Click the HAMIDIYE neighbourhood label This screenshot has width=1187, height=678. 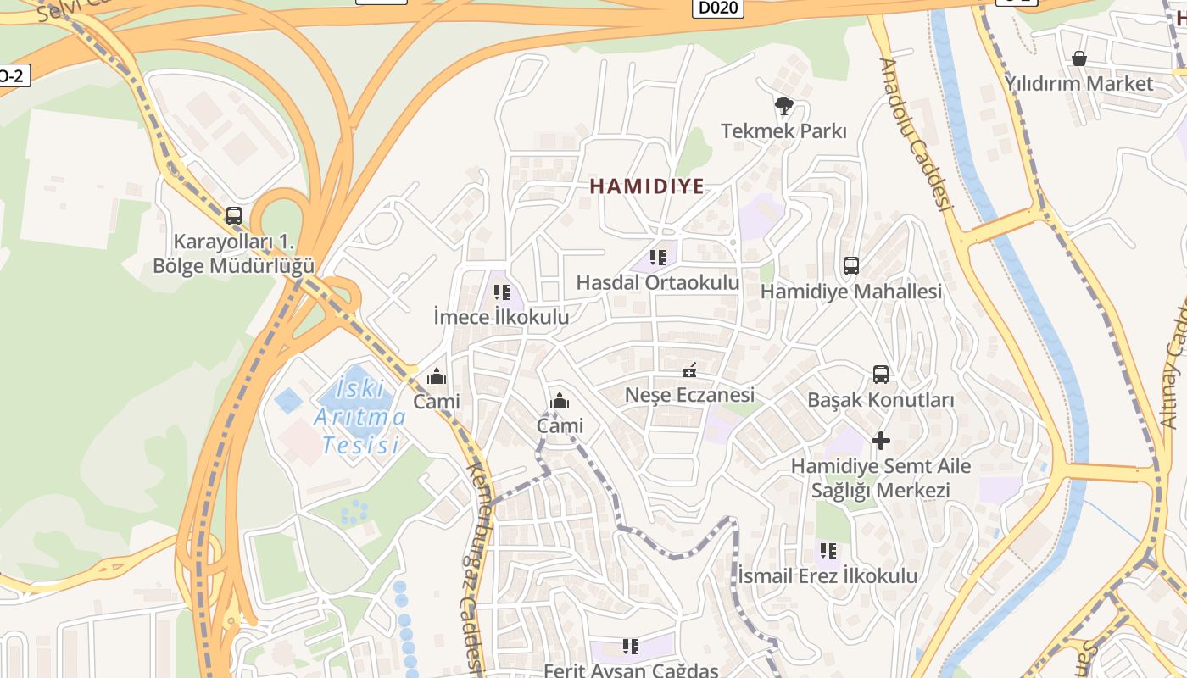647,186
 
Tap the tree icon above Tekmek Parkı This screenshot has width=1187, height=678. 784,106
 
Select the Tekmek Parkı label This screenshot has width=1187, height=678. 783,131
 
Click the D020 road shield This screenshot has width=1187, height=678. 718,8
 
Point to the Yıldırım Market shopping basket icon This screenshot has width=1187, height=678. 1079,58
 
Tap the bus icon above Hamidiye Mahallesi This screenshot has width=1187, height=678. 851,266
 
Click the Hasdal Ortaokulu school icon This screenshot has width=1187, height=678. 658,257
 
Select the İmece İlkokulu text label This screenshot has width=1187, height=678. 501,317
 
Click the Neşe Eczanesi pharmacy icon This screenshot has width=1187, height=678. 689,370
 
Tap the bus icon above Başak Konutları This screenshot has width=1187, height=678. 881,374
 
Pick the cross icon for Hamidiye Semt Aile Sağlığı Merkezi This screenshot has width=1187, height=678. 881,441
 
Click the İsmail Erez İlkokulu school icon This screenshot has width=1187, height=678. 828,551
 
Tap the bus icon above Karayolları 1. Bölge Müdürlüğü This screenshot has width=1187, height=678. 234,216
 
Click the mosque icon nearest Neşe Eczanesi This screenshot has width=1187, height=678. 560,401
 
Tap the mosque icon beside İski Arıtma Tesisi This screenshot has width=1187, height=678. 437,376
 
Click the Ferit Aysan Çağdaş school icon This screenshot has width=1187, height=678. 631,647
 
